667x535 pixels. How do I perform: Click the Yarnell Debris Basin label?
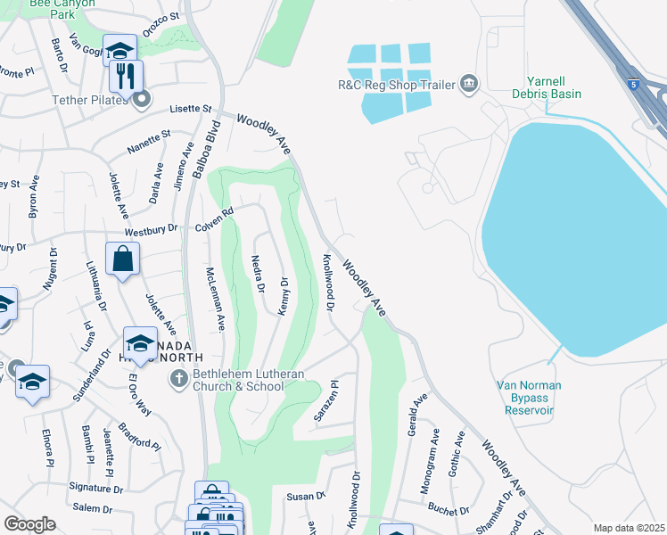tap(547, 86)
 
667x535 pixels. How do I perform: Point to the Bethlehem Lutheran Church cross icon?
tap(178, 379)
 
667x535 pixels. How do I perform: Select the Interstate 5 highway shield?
tap(633, 84)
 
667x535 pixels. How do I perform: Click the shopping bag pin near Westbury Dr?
tap(122, 259)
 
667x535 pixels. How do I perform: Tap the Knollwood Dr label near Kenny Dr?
tap(328, 282)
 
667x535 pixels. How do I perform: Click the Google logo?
tap(29, 524)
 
